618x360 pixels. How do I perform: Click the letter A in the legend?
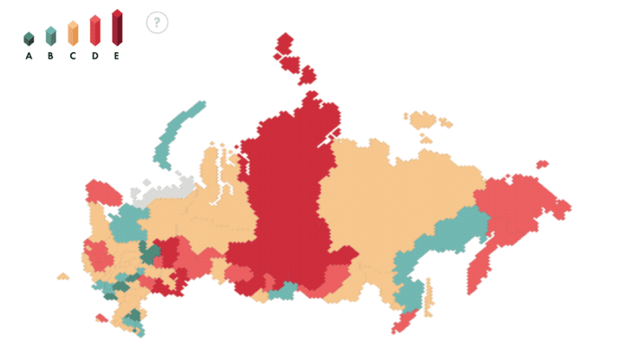[x=29, y=56]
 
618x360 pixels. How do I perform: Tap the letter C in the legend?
[x=73, y=56]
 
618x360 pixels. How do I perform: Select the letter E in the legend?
[x=117, y=56]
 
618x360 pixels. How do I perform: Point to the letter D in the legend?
[x=94, y=56]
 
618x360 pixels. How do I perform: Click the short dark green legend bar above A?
[x=29, y=39]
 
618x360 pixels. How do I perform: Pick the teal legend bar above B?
[x=50, y=35]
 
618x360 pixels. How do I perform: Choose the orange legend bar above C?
[x=73, y=32]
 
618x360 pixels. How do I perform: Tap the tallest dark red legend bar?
[x=117, y=27]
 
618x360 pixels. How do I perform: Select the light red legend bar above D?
[x=94, y=30]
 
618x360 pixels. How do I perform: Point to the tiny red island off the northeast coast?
[x=542, y=165]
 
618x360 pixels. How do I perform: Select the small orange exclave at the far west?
[x=62, y=276]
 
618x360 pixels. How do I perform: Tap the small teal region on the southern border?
[x=282, y=291]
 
